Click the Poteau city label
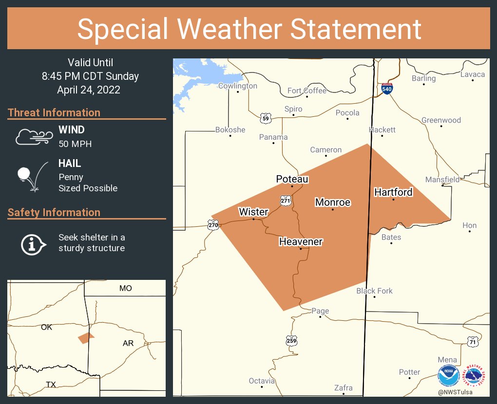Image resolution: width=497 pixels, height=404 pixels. [292, 179]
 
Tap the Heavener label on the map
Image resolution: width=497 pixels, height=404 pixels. [301, 241]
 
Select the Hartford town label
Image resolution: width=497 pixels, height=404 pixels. [393, 192]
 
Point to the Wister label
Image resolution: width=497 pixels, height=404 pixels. [253, 212]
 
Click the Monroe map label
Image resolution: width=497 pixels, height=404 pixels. [333, 202]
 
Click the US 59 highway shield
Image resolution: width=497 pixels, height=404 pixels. [266, 118]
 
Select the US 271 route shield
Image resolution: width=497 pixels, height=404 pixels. [286, 200]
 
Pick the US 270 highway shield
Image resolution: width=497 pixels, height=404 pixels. [213, 224]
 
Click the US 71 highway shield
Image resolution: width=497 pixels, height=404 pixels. [472, 342]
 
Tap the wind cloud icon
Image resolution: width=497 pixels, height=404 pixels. [33, 137]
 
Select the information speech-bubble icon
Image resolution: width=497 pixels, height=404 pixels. [33, 243]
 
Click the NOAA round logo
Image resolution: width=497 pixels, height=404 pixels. [449, 376]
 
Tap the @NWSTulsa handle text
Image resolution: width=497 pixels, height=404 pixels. [455, 392]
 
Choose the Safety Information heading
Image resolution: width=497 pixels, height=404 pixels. [54, 212]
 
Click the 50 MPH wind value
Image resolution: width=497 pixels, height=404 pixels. [75, 144]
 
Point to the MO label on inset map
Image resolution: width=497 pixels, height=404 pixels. [125, 288]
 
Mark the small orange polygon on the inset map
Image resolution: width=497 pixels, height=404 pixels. [86, 338]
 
